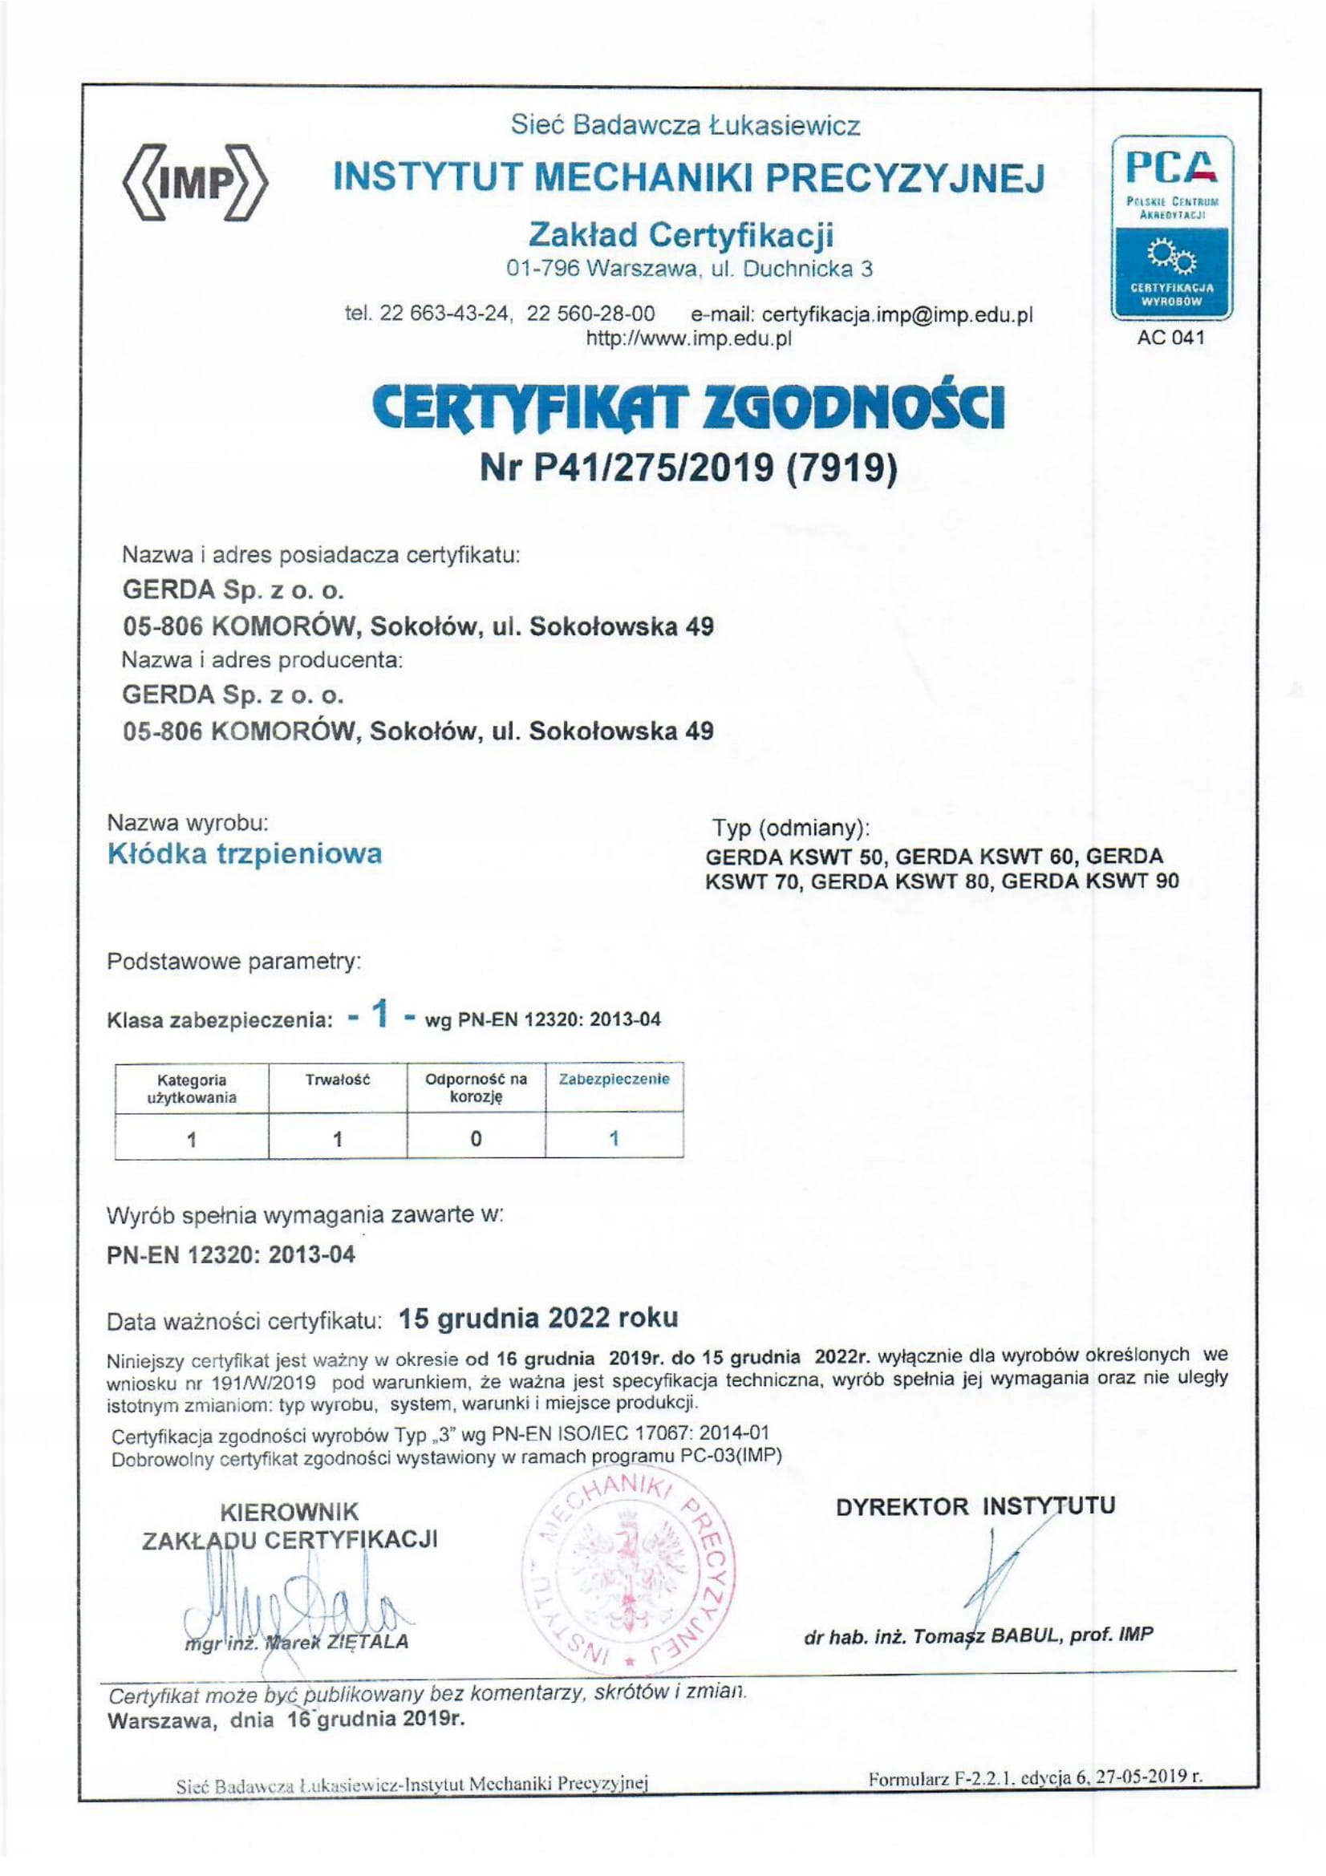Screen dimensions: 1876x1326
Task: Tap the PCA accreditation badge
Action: (x=1170, y=227)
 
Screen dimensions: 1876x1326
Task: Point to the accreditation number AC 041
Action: (x=1170, y=338)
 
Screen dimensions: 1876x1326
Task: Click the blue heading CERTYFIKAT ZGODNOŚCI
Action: (x=687, y=409)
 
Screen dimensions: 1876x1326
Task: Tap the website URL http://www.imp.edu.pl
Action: (x=689, y=338)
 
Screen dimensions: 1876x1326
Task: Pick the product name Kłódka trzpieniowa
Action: (x=245, y=854)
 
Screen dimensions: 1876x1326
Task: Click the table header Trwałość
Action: (x=338, y=1080)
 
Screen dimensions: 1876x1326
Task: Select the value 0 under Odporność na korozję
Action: (x=476, y=1138)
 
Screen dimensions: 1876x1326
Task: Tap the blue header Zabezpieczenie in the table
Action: (x=614, y=1079)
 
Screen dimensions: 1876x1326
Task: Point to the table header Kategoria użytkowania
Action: (x=191, y=1088)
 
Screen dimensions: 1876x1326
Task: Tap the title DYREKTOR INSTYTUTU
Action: (x=975, y=1507)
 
